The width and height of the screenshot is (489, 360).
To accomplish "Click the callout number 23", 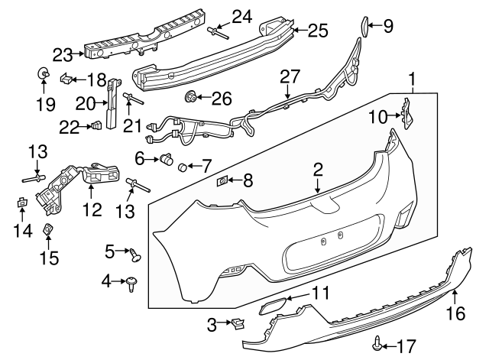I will pyautogui.click(x=62, y=54).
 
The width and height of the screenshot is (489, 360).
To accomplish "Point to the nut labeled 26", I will pyautogui.click(x=190, y=97).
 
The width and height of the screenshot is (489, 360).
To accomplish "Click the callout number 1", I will pyautogui.click(x=413, y=79).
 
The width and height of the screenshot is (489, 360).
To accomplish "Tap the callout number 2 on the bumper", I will pyautogui.click(x=317, y=170).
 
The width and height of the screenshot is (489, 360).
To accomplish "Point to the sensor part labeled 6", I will pyautogui.click(x=163, y=159).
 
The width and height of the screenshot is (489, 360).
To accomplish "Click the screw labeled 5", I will pyautogui.click(x=135, y=253).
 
